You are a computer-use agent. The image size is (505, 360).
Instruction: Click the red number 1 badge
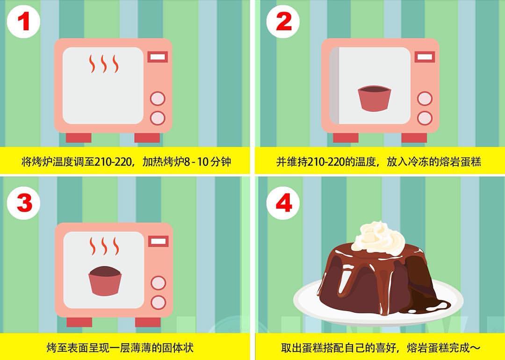click(x=23, y=22)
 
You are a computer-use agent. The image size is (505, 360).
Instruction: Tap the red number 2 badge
click(x=283, y=22)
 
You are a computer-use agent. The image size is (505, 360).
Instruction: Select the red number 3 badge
click(x=23, y=203)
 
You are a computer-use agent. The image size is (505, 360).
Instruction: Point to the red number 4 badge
click(x=283, y=203)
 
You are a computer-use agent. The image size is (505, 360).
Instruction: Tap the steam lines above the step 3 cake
click(x=104, y=246)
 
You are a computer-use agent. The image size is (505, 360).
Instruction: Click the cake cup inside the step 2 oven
click(x=374, y=99)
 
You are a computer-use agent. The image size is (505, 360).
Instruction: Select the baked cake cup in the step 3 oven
click(x=105, y=281)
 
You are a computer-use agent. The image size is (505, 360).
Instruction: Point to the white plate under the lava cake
click(x=378, y=309)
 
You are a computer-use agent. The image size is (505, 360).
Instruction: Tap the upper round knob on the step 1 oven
click(x=158, y=99)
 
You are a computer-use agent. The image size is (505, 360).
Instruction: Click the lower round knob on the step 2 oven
click(x=425, y=118)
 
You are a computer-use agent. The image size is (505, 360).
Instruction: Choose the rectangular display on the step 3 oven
click(x=159, y=241)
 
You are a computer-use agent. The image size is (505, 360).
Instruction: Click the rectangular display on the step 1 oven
click(x=158, y=57)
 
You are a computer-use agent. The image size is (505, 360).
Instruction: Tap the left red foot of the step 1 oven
click(x=79, y=138)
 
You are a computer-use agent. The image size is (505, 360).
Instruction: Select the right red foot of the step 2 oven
click(x=414, y=138)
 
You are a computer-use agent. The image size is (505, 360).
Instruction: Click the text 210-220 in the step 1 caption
click(x=114, y=161)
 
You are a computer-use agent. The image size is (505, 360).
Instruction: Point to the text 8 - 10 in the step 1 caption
click(x=196, y=161)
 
